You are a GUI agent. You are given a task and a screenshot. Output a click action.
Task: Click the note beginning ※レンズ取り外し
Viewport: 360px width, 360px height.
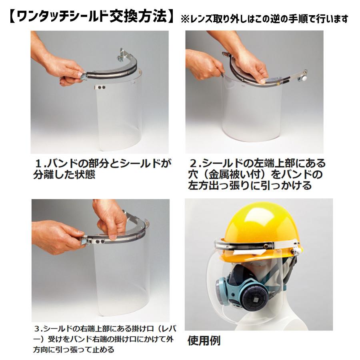pyautogui.click(x=264, y=19)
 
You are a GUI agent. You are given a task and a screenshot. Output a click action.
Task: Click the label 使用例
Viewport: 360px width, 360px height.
pyautogui.click(x=204, y=341)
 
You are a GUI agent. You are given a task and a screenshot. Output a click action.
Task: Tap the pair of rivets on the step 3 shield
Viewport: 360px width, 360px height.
pyautogui.click(x=102, y=243)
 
